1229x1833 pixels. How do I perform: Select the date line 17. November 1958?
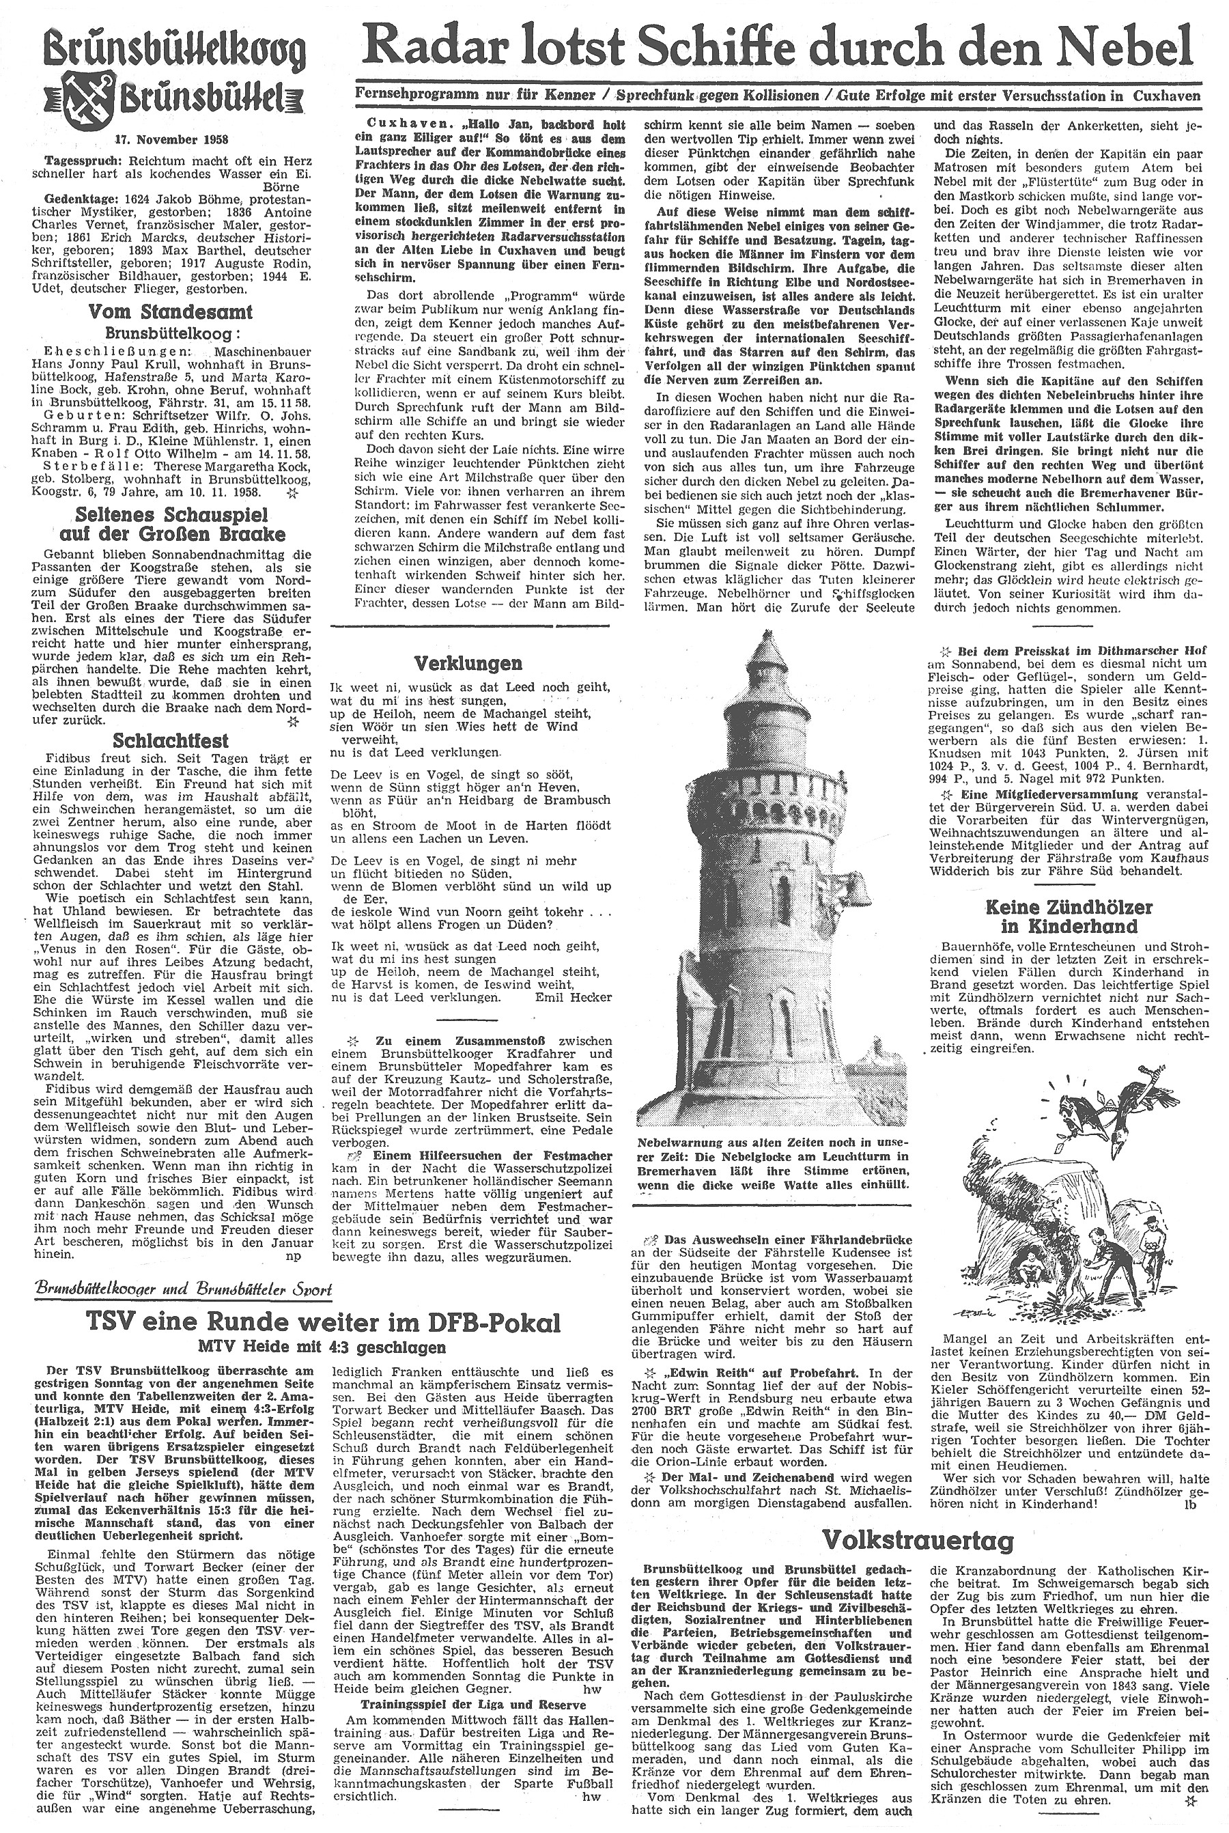coord(171,139)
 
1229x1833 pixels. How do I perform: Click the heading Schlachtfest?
coord(170,740)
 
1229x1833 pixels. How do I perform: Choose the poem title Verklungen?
coord(480,663)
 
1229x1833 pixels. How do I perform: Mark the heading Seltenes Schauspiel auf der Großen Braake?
coord(170,524)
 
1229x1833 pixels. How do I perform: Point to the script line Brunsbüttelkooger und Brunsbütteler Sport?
coord(184,1289)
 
